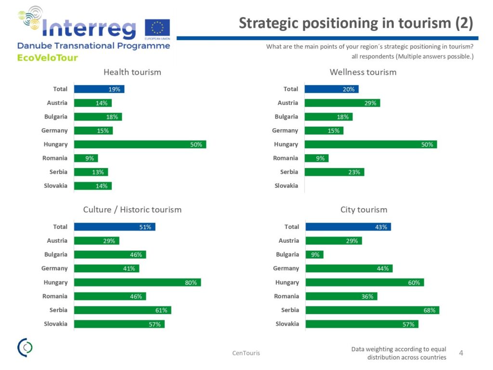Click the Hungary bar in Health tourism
[x=140, y=145]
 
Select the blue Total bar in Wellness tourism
[x=332, y=89]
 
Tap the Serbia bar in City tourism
[x=372, y=310]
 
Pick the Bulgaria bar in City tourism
[x=314, y=254]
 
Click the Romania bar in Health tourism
[x=86, y=158]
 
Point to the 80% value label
[x=191, y=282]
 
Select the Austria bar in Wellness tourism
[x=342, y=103]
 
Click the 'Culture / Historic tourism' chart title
[x=132, y=210]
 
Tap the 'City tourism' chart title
[x=364, y=210]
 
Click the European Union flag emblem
[x=157, y=28]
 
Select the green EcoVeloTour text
[x=48, y=58]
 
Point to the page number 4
[x=461, y=353]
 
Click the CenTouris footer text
[x=246, y=353]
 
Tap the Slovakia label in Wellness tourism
[x=286, y=185]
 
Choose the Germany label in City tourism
[x=286, y=268]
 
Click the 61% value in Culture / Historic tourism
[x=161, y=310]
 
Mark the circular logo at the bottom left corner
[x=25, y=347]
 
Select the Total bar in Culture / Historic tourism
[x=115, y=227]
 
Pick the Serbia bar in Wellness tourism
[x=335, y=172]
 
